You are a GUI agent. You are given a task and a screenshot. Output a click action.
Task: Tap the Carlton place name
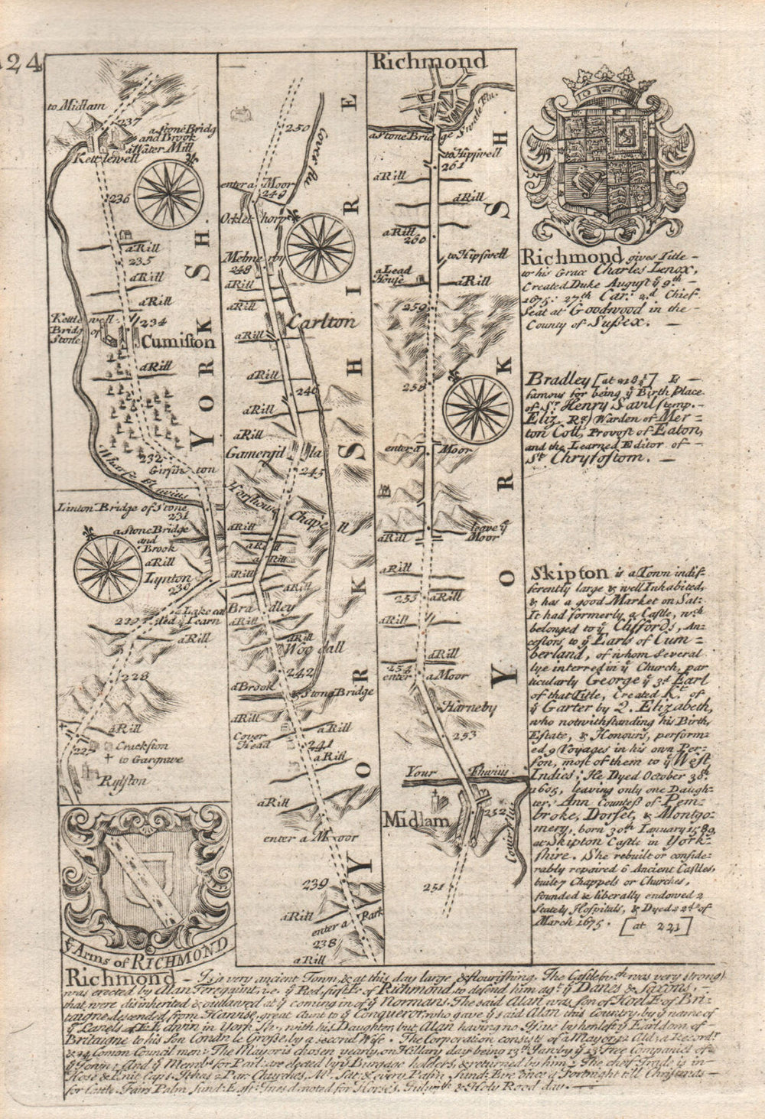[322, 323]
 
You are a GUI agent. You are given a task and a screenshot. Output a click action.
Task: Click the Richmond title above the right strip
[428, 61]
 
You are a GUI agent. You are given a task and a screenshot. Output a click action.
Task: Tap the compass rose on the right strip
[480, 403]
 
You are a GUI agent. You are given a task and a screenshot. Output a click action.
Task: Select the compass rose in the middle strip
[319, 246]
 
